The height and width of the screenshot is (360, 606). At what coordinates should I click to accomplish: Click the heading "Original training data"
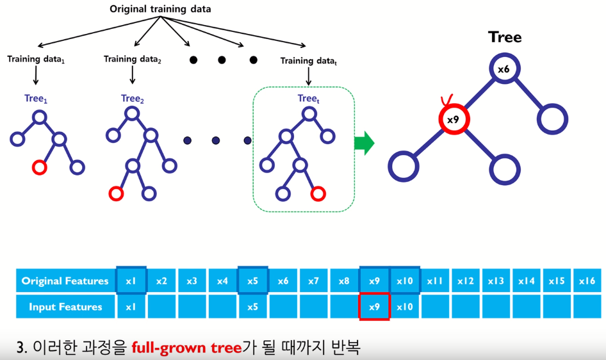click(x=160, y=9)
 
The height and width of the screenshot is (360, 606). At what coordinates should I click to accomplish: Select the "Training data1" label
click(x=37, y=60)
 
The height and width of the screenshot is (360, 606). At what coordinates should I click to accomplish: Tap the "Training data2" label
click(x=133, y=60)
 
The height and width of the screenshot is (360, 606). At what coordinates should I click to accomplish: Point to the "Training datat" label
click(x=310, y=61)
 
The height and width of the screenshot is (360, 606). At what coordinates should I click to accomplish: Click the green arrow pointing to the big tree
click(x=364, y=143)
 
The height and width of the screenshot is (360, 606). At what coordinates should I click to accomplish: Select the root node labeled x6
click(x=503, y=69)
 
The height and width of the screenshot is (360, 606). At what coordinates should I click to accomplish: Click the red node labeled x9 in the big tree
click(x=453, y=119)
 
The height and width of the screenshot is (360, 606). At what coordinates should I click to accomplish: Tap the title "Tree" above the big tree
click(x=505, y=37)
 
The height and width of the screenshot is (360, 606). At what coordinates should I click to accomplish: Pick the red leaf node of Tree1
click(x=39, y=168)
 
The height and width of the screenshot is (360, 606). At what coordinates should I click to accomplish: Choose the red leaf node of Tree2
click(x=116, y=193)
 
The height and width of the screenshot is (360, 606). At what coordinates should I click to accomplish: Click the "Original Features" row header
click(x=65, y=281)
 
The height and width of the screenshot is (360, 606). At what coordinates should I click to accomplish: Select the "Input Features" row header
click(x=65, y=307)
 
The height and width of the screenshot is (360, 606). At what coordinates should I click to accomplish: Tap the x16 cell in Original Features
click(x=587, y=281)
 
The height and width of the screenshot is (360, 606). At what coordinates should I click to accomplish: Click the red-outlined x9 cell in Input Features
click(x=375, y=307)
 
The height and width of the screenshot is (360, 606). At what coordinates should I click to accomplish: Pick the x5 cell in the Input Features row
click(x=252, y=307)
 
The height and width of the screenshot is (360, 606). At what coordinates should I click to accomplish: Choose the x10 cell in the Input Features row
click(x=405, y=307)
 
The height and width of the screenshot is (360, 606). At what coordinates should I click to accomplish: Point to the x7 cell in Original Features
click(x=313, y=281)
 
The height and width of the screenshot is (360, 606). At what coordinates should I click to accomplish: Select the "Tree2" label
click(x=133, y=99)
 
